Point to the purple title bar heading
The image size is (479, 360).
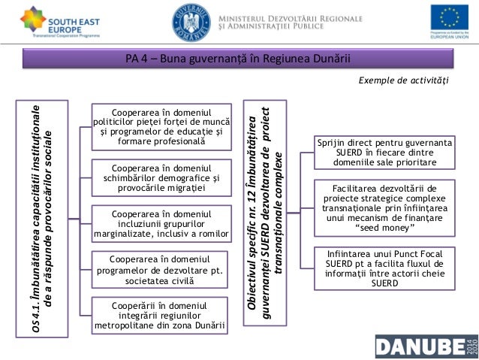(239, 60)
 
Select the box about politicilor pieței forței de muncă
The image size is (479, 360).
(161, 126)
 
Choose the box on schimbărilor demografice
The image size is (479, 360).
(161, 177)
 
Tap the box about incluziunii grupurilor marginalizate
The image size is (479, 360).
(161, 223)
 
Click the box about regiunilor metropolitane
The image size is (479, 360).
(161, 316)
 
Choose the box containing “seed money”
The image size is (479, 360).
(384, 206)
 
